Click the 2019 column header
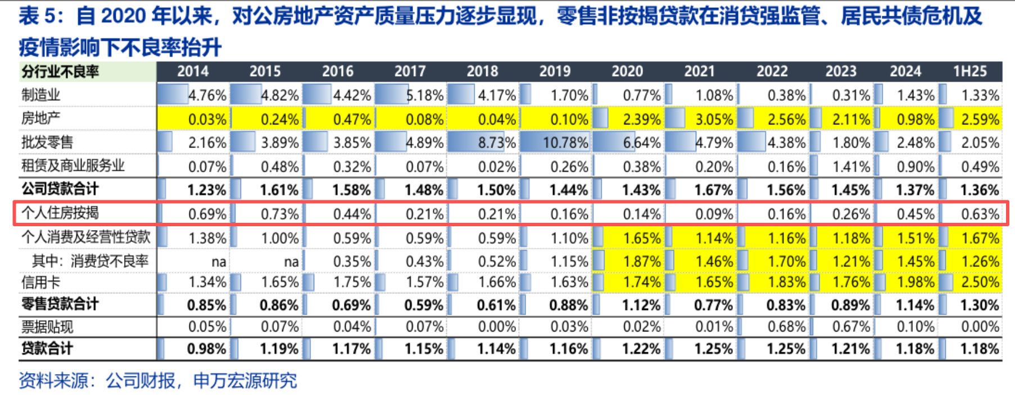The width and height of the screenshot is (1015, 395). pyautogui.click(x=555, y=71)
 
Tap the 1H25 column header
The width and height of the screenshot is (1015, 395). pyautogui.click(x=969, y=71)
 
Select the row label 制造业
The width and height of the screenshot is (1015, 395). pyautogui.click(x=41, y=95)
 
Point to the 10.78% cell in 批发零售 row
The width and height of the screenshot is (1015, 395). pyautogui.click(x=565, y=143)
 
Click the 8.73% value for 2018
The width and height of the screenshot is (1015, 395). pyautogui.click(x=496, y=143)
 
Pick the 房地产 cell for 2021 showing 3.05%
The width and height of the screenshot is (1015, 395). pyautogui.click(x=714, y=119)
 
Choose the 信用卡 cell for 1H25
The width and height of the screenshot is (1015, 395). pyautogui.click(x=980, y=282)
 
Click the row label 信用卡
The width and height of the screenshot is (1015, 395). pyautogui.click(x=41, y=282)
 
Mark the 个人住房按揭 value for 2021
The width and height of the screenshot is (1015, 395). pyautogui.click(x=714, y=214)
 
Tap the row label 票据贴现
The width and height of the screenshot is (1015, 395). pyautogui.click(x=47, y=327)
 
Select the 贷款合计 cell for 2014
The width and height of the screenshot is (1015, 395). pyautogui.click(x=206, y=349)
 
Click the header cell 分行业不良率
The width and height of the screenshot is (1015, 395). pyautogui.click(x=60, y=72)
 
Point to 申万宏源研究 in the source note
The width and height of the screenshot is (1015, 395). pyautogui.click(x=245, y=381)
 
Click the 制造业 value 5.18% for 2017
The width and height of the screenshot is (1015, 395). pyautogui.click(x=424, y=95)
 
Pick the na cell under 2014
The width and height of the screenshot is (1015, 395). pyautogui.click(x=219, y=262)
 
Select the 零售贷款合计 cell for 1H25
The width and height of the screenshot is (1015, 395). pyautogui.click(x=980, y=306)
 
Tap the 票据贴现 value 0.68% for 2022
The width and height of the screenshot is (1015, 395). pyautogui.click(x=786, y=327)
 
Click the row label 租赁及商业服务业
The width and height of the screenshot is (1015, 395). pyautogui.click(x=73, y=166)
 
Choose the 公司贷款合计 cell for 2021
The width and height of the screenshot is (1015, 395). pyautogui.click(x=714, y=190)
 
